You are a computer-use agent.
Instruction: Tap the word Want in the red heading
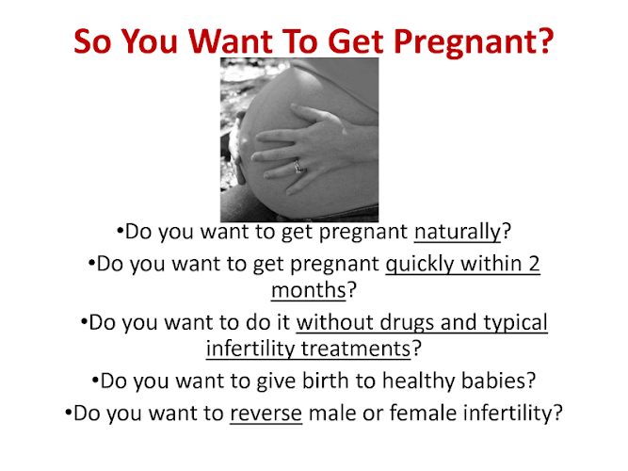pyautogui.click(x=231, y=41)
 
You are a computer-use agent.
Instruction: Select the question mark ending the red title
pyautogui.click(x=545, y=41)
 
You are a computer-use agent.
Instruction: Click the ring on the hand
pyautogui.click(x=298, y=166)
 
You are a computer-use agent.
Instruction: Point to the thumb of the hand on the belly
pyautogui.click(x=316, y=112)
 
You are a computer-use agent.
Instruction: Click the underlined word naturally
pyautogui.click(x=458, y=232)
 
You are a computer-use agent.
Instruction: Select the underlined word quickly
pyautogui.click(x=420, y=265)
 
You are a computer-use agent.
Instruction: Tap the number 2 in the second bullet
pyautogui.click(x=534, y=264)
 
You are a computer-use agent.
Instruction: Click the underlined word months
pyautogui.click(x=309, y=290)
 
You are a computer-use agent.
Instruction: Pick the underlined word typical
pyautogui.click(x=515, y=323)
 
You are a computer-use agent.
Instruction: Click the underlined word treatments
pyautogui.click(x=356, y=349)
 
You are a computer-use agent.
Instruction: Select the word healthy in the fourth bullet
pyautogui.click(x=418, y=382)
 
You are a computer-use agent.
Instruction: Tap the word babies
pyautogui.click(x=494, y=380)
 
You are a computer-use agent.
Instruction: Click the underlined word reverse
pyautogui.click(x=266, y=414)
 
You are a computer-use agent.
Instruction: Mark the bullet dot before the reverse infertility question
pyautogui.click(x=68, y=412)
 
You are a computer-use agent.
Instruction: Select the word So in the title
pyautogui.click(x=92, y=41)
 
